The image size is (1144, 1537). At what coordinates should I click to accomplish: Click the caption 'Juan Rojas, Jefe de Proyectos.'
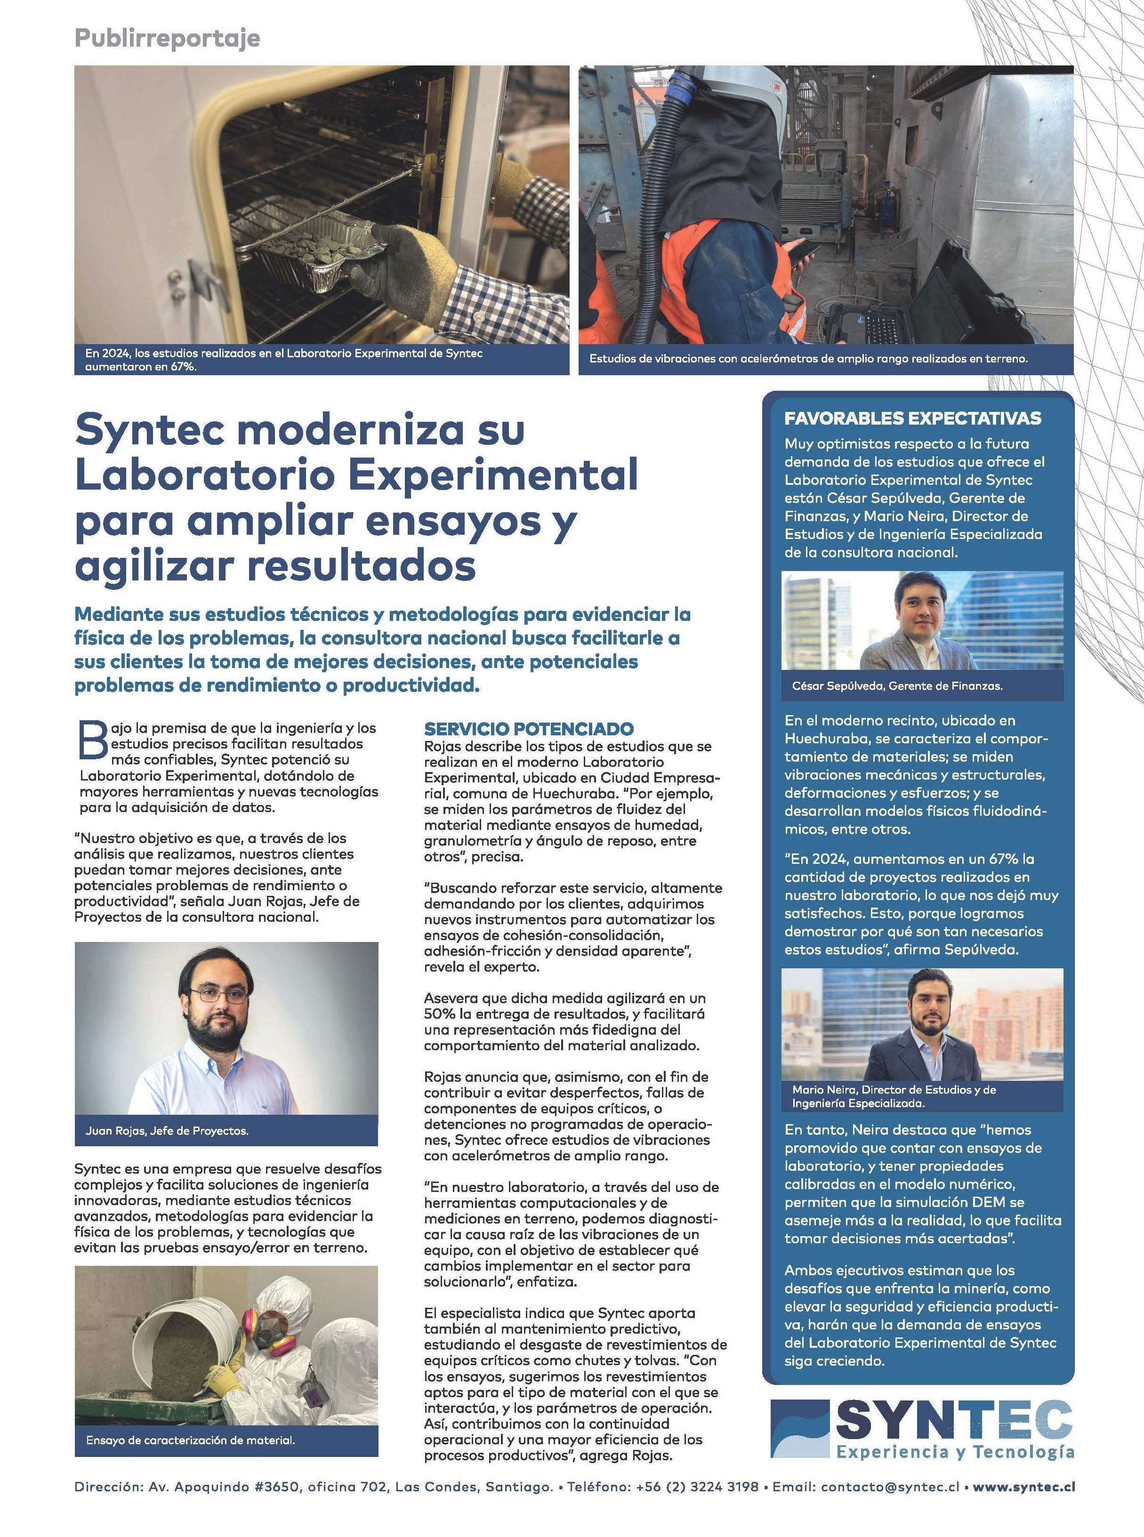tap(167, 1131)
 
